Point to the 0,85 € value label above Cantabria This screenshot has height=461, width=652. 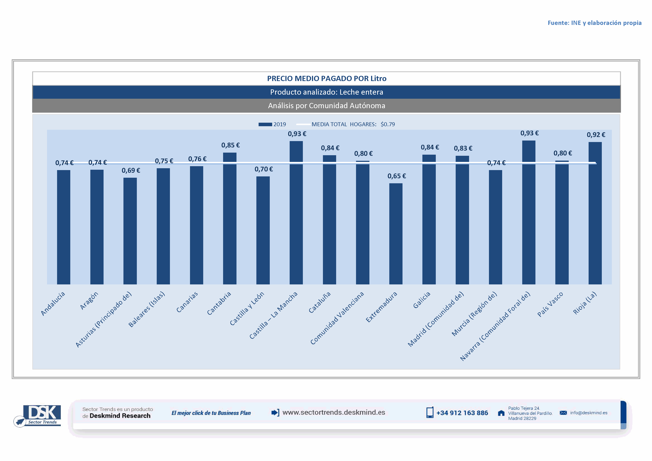click(x=230, y=145)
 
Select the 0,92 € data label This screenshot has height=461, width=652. click(x=596, y=135)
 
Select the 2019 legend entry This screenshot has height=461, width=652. click(x=272, y=124)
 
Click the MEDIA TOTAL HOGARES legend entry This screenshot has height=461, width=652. click(x=345, y=124)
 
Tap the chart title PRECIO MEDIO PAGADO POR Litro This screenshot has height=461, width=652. click(x=327, y=79)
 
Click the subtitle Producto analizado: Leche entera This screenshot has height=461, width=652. click(x=327, y=92)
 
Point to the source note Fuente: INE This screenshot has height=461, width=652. click(x=594, y=23)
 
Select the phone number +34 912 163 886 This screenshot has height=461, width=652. click(x=462, y=413)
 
